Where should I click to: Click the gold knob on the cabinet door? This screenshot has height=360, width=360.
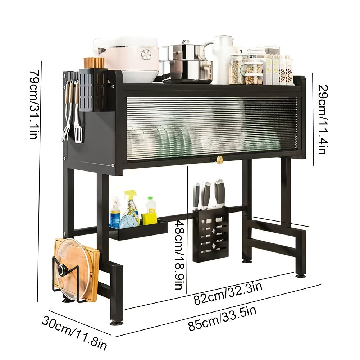pyautogui.click(x=219, y=160)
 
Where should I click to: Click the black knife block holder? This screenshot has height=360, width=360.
pyautogui.click(x=210, y=234)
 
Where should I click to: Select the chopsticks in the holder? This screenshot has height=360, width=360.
pyautogui.click(x=94, y=63)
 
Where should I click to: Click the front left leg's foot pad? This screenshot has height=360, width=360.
pyautogui.click(x=116, y=323)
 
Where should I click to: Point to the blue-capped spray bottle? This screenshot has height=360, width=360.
pyautogui.click(x=115, y=214)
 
